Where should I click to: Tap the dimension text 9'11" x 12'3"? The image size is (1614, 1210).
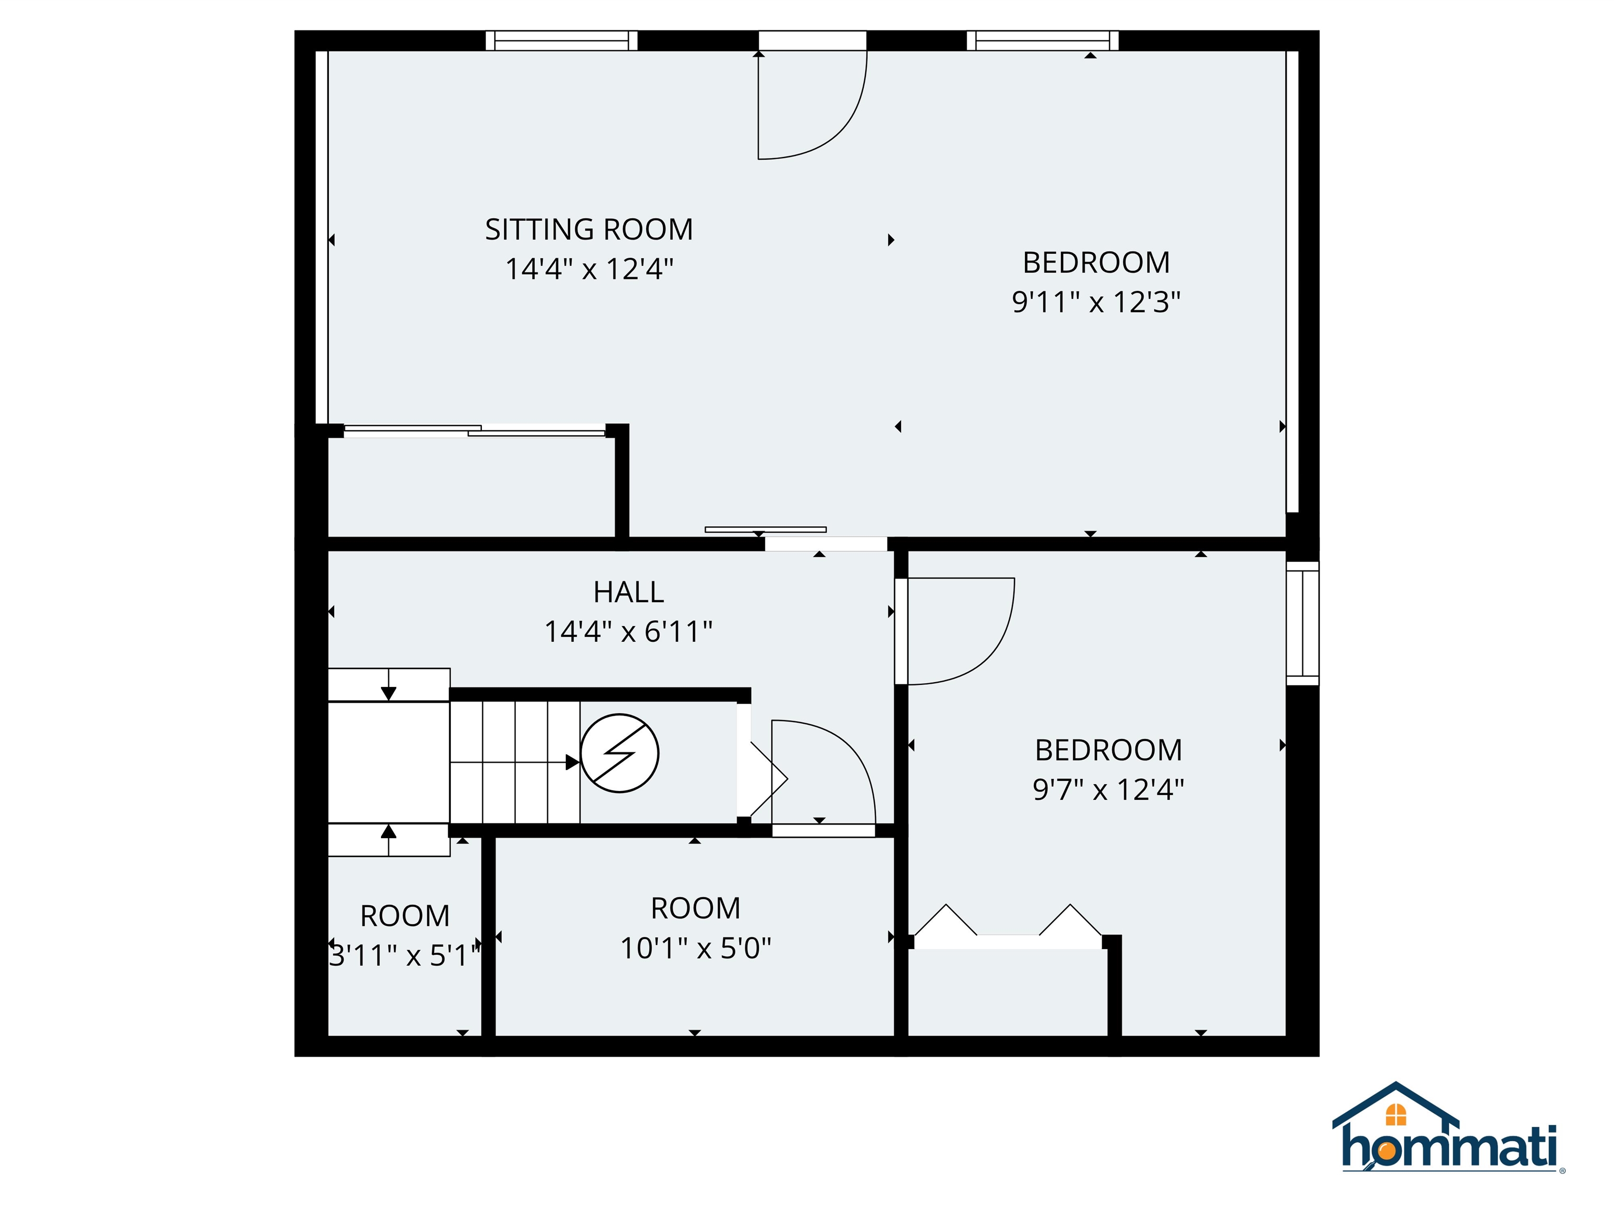point(1095,302)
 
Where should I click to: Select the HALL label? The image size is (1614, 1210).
point(628,592)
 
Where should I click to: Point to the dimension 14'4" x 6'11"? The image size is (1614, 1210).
point(628,632)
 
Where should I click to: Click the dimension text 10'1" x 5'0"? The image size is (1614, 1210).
point(696,948)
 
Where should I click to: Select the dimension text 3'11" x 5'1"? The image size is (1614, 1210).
point(405,955)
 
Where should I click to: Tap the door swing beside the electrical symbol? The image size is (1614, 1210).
point(821,773)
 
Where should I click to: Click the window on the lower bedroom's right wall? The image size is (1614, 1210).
point(1302,623)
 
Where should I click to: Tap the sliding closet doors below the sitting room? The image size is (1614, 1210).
point(474,431)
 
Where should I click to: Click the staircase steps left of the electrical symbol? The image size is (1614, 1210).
point(514,762)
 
